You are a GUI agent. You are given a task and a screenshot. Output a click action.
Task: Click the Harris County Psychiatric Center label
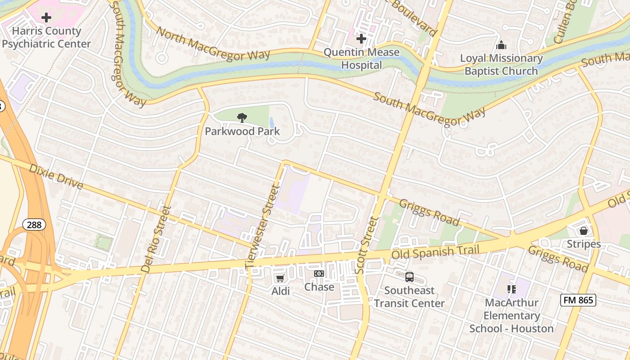46,37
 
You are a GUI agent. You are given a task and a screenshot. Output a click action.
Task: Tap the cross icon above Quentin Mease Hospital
361,39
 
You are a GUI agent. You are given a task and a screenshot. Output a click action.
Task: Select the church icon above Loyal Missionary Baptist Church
501,45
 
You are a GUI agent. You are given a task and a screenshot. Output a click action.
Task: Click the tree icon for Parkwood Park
242,118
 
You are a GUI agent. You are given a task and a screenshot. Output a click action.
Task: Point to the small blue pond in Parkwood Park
271,123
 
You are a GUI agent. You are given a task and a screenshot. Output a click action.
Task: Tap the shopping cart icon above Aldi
280,279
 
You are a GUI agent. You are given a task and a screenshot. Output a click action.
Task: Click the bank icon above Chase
319,274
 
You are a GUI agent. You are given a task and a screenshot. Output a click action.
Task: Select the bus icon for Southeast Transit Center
409,277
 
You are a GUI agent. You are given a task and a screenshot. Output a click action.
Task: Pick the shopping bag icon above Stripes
584,231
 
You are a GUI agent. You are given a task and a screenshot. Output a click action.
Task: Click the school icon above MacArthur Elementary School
511,289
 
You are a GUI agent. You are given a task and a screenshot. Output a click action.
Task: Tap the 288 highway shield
35,225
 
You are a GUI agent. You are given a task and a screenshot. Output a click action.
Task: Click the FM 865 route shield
578,300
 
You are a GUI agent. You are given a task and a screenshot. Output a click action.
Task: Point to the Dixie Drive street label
56,176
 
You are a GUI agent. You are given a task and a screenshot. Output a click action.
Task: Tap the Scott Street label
365,245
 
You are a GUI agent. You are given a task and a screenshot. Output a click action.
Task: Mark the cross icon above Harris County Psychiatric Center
46,18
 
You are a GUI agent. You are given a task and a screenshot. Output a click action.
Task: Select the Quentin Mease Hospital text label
361,58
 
